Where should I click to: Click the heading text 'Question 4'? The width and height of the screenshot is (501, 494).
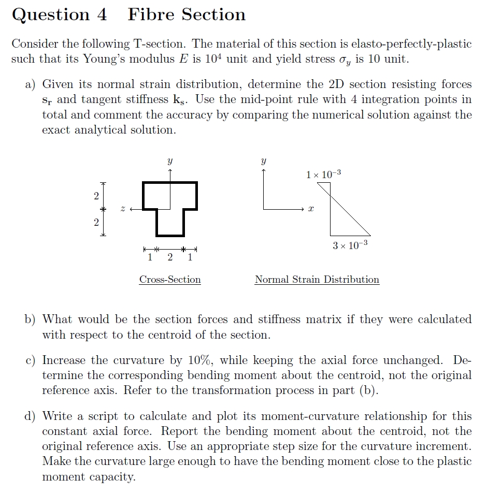(59, 14)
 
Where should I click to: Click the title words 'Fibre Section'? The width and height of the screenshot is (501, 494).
(187, 14)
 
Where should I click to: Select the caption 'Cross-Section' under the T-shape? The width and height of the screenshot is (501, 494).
(170, 280)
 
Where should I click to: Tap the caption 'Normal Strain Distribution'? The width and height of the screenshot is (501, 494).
(317, 280)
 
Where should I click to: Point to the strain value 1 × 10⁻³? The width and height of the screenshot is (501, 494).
(323, 175)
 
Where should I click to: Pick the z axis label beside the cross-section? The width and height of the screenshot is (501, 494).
(123, 209)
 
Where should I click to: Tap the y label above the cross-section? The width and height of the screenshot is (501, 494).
(170, 162)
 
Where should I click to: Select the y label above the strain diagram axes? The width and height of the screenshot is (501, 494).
(264, 162)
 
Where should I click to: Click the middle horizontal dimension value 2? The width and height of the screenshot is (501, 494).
(170, 257)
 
